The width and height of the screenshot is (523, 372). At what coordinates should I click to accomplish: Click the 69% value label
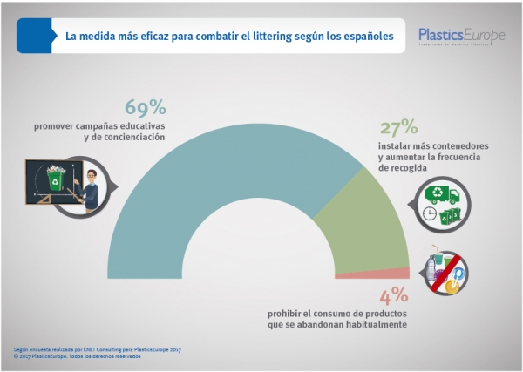pos(145,108)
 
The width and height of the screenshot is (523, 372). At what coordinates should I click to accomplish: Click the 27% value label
pos(398,128)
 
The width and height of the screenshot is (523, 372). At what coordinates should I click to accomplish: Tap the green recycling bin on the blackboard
pos(55,179)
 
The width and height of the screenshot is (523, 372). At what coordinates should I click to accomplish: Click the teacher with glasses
pos(91,186)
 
